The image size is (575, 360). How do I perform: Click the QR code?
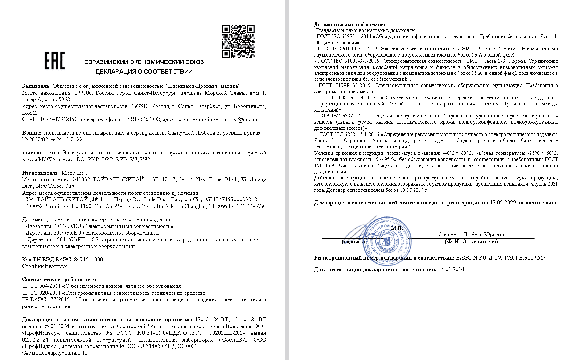(x=238, y=41)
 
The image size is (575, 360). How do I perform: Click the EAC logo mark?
(x=54, y=61)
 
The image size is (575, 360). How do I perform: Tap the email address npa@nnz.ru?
(x=243, y=119)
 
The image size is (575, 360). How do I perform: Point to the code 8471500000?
(x=88, y=260)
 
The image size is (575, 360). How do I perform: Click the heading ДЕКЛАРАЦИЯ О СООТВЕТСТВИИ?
(x=144, y=71)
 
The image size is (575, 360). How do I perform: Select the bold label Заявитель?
(x=36, y=86)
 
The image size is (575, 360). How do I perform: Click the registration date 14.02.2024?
(x=451, y=269)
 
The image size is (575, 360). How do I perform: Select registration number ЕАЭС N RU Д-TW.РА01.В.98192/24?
(x=501, y=258)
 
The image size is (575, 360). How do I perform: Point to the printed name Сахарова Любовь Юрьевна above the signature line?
(x=472, y=235)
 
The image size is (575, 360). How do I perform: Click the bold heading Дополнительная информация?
(x=350, y=24)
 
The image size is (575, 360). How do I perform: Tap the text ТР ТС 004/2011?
(x=41, y=286)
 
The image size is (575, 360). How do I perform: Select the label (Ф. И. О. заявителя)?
(x=471, y=241)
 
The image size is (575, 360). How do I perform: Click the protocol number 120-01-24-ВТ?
(x=211, y=319)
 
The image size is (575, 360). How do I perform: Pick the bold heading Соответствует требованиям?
(x=59, y=280)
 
